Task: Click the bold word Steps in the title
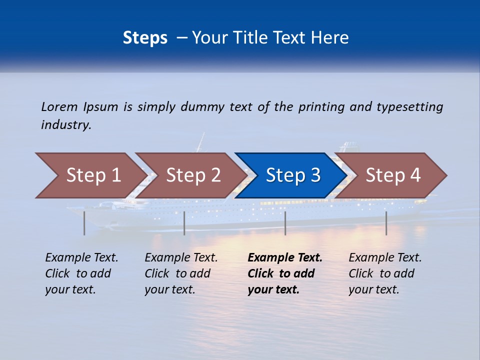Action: coord(145,37)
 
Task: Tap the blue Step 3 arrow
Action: coord(293,175)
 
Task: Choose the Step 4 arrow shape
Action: coord(393,175)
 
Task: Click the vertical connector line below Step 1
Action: coord(84,223)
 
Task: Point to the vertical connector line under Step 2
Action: coord(184,223)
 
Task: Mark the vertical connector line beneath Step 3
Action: coord(285,223)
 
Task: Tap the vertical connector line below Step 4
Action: coord(386,223)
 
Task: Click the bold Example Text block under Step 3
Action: coord(284,273)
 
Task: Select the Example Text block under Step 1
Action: coord(81,273)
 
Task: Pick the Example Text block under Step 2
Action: coord(181,273)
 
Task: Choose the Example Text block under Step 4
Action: coord(385,273)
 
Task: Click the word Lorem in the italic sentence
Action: coord(59,107)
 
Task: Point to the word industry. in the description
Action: coord(66,125)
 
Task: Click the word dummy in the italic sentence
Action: coord(202,107)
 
